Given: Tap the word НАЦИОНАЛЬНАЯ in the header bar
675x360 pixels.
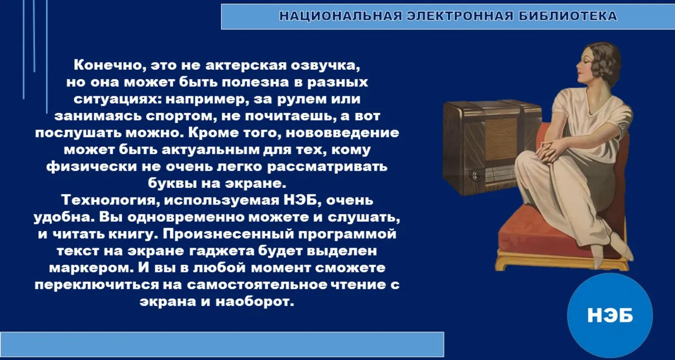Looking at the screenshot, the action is (340, 16).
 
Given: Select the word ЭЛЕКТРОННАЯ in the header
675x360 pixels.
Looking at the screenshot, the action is (460, 16).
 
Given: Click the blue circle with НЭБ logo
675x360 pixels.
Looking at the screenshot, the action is (610, 316).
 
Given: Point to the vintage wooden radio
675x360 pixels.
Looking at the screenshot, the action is (491, 148).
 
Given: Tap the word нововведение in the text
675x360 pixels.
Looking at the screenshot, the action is (343, 133).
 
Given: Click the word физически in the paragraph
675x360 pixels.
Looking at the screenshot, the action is (92, 166).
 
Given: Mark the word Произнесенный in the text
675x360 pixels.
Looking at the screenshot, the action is (228, 234).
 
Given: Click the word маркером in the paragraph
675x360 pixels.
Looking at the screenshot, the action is (91, 268).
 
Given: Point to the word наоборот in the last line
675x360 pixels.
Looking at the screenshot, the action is (255, 301).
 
